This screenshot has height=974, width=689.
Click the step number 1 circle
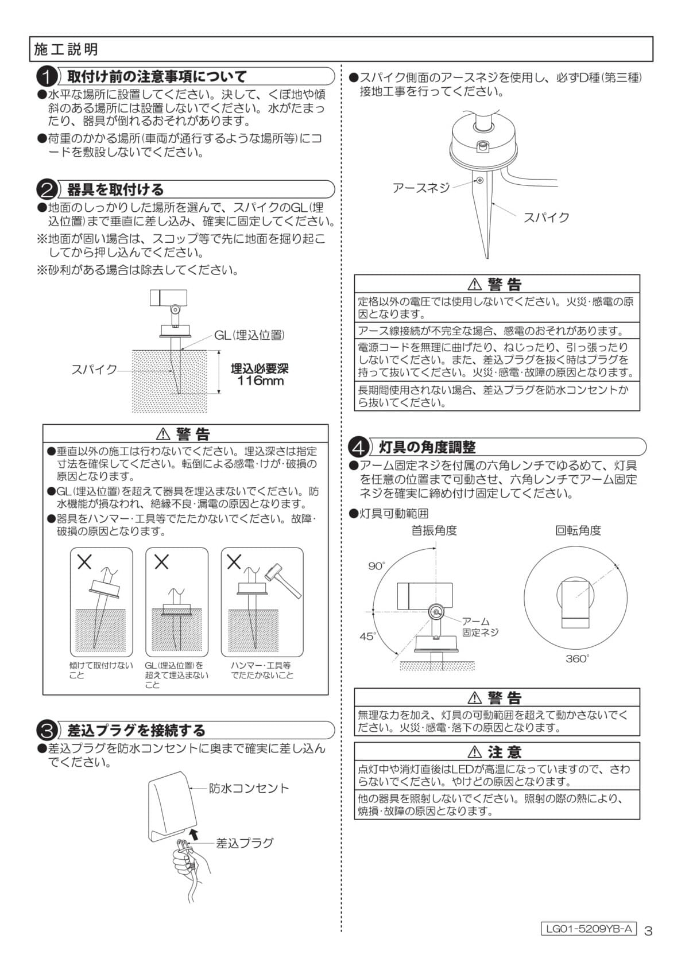[47, 77]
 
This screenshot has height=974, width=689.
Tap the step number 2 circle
[47, 190]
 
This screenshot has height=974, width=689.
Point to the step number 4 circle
[359, 447]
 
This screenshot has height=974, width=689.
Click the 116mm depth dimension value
[260, 381]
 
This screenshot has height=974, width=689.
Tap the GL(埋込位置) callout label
[249, 335]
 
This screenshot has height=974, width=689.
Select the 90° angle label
[377, 566]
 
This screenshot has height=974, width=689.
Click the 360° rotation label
[577, 658]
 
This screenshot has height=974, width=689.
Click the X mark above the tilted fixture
[84, 562]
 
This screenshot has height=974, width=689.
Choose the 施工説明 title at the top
[66, 49]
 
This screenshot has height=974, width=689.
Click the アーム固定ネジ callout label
[480, 627]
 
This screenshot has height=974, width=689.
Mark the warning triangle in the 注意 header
[475, 752]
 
